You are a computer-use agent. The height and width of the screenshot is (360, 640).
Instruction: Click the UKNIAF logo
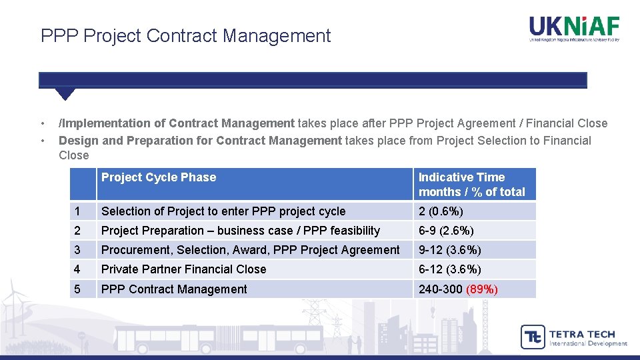pyautogui.click(x=574, y=29)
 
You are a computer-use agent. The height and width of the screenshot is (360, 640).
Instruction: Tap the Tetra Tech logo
pyautogui.click(x=573, y=337)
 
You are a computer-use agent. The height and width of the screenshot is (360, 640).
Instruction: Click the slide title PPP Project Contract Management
pyautogui.click(x=185, y=35)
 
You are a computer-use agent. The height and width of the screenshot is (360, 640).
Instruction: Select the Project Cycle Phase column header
pyautogui.click(x=159, y=177)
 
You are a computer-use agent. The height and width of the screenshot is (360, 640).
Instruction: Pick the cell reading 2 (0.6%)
pyautogui.click(x=441, y=211)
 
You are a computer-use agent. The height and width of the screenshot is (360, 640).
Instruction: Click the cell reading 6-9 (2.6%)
pyautogui.click(x=446, y=231)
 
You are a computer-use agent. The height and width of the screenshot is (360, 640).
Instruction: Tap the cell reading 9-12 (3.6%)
pyautogui.click(x=449, y=250)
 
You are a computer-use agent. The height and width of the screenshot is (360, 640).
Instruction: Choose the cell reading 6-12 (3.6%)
pyautogui.click(x=449, y=269)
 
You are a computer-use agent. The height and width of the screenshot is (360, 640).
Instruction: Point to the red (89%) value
pyautogui.click(x=482, y=289)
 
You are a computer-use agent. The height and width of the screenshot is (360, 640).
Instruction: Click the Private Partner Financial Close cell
pyautogui.click(x=183, y=269)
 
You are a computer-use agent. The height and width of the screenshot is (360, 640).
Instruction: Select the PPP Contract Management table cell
pyautogui.click(x=174, y=289)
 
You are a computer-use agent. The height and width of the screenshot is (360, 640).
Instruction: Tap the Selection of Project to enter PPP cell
pyautogui.click(x=223, y=211)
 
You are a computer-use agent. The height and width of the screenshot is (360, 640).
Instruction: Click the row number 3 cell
pyautogui.click(x=78, y=250)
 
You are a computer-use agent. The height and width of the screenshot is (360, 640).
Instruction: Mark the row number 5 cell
pyautogui.click(x=78, y=289)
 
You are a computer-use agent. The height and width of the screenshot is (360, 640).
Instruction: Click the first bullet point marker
pyautogui.click(x=43, y=123)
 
